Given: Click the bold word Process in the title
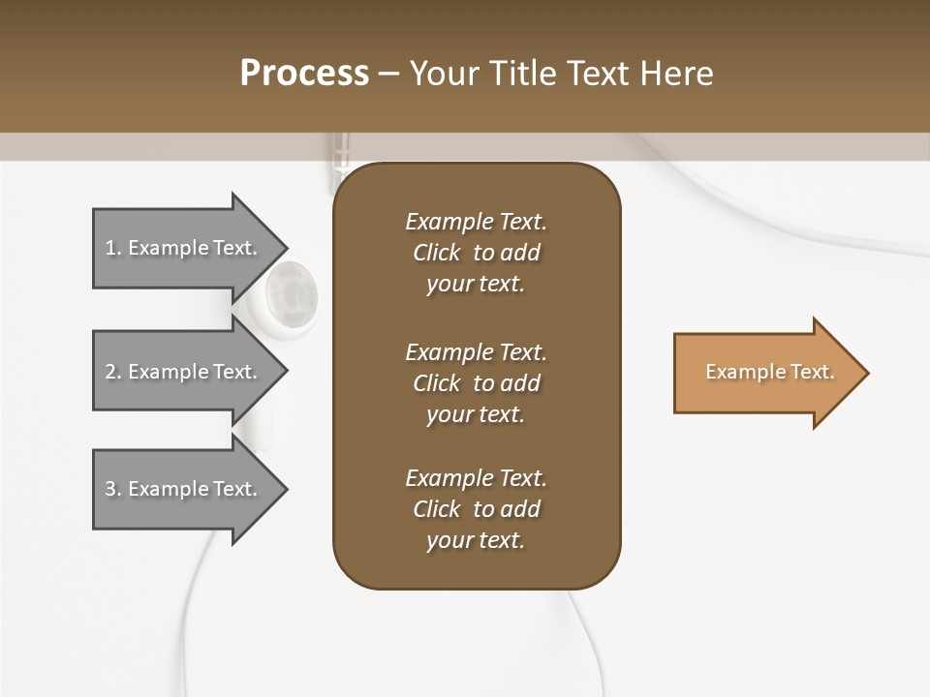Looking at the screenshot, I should click(x=304, y=74).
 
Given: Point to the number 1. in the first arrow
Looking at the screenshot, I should click(x=113, y=248).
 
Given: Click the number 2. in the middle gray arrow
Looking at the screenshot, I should click(x=113, y=372).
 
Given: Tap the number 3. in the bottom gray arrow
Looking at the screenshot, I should click(x=113, y=489).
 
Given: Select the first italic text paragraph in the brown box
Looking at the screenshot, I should click(x=476, y=253).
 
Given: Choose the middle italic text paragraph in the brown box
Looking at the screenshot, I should click(x=476, y=383).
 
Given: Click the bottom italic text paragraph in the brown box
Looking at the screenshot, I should click(x=476, y=509).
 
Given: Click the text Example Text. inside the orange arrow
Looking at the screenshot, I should click(x=770, y=372).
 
